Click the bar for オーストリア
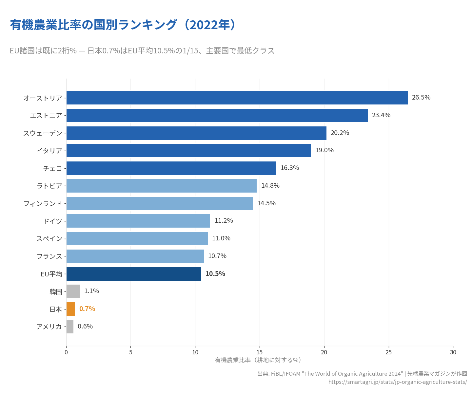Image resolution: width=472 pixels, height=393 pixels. (237, 98)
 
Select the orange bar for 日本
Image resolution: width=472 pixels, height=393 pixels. (70, 309)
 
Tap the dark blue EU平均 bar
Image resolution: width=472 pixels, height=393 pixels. (134, 274)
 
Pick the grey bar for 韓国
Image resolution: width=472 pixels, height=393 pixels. (73, 291)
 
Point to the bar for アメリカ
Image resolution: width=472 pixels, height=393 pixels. (70, 327)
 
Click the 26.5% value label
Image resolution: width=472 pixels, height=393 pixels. (421, 98)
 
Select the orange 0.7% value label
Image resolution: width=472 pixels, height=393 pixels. (87, 309)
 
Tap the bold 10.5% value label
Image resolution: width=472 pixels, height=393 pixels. (215, 274)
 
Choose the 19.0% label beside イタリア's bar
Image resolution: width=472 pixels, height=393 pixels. (324, 150)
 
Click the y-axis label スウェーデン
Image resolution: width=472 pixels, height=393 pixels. (43, 133)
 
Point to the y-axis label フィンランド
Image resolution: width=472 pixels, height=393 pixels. (43, 203)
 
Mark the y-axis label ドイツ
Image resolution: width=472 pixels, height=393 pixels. (52, 221)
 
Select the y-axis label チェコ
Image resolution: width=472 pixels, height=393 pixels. (52, 168)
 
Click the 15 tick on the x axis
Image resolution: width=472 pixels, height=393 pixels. (260, 352)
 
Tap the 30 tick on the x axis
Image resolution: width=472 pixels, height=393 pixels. (453, 352)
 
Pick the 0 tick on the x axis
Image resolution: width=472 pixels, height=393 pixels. (66, 352)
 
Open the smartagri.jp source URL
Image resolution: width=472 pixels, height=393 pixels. (398, 382)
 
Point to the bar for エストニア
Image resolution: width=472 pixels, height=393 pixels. (217, 115)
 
